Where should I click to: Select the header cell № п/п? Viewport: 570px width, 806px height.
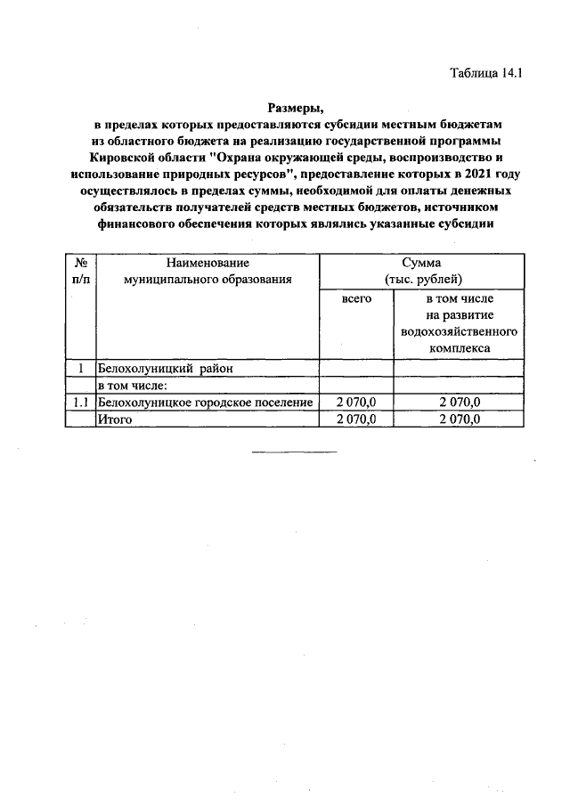(x=81, y=272)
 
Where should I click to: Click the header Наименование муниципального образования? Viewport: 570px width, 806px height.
(x=208, y=272)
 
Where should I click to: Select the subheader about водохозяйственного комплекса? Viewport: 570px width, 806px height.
(x=459, y=323)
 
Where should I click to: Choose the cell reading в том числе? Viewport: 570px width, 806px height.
(x=133, y=385)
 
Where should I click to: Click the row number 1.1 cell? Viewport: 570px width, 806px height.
(x=81, y=403)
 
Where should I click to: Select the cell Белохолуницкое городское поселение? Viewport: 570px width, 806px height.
(x=206, y=403)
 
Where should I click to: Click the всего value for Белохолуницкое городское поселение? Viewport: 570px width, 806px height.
(x=356, y=403)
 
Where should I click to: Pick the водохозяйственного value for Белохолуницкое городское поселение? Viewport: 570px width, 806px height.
(x=459, y=403)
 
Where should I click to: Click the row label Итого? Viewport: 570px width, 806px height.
(x=115, y=419)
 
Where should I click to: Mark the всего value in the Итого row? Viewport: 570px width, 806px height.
(x=356, y=419)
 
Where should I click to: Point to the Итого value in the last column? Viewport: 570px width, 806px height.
(x=459, y=419)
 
